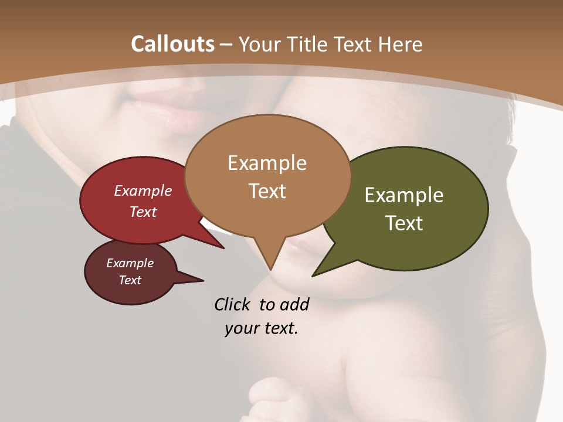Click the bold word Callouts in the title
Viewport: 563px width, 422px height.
coord(172,44)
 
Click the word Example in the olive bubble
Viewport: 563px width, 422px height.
coord(403,195)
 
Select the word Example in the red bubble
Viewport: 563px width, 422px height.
coord(143,190)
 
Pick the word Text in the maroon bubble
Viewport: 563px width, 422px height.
coord(130,280)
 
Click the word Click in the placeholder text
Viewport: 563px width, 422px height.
coord(233,304)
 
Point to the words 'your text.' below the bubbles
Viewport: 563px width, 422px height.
coord(262,328)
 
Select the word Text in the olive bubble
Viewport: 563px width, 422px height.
coord(405,223)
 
